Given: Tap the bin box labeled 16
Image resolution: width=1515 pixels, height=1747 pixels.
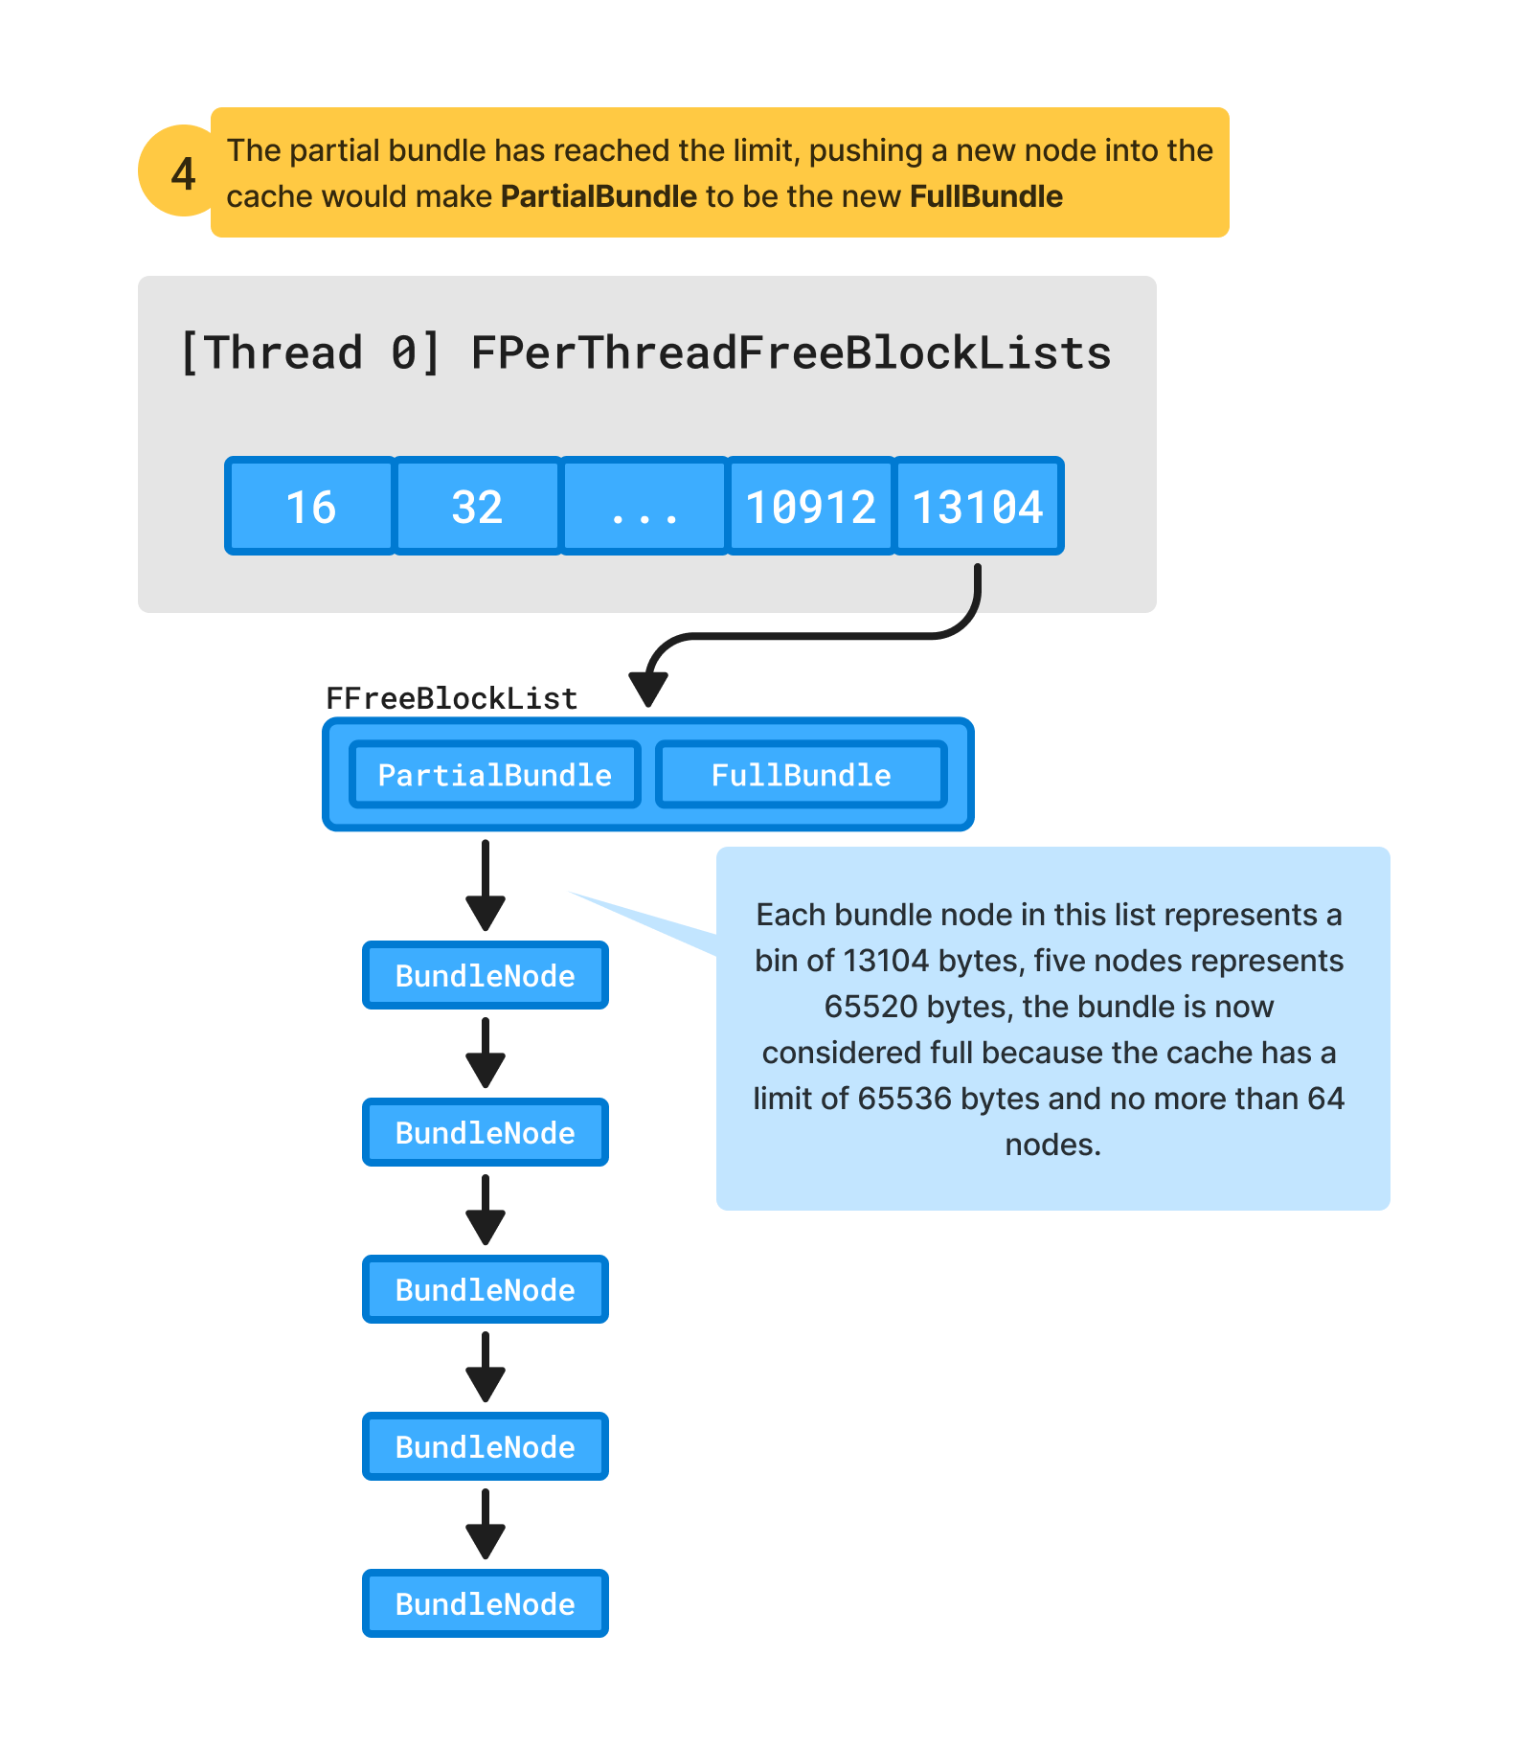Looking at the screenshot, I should click(310, 507).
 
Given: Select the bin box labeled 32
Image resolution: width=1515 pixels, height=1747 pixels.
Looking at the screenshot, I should click(477, 507).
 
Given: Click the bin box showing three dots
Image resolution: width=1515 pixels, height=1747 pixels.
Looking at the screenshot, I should click(644, 507).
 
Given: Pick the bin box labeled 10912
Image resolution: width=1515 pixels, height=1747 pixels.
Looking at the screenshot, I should click(810, 507).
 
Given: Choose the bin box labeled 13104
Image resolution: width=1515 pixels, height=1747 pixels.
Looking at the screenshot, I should click(978, 507).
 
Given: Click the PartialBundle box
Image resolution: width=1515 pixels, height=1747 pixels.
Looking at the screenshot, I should click(494, 775).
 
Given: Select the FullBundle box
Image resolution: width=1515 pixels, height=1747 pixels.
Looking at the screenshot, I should click(801, 775).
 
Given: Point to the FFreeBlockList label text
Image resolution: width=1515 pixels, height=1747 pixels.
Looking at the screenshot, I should click(451, 698).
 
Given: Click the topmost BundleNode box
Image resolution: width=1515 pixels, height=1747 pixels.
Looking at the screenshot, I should click(485, 976).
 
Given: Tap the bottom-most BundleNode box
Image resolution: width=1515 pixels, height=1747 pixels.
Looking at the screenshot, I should click(485, 1604).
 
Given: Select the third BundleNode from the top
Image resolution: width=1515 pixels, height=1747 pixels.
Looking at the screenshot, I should click(485, 1290).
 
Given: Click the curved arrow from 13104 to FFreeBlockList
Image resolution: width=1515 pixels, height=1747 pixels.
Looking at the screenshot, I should click(814, 635).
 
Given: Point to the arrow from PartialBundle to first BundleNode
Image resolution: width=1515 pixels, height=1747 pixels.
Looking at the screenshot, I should click(486, 883).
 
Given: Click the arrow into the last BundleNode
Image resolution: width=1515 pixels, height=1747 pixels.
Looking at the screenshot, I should click(486, 1523).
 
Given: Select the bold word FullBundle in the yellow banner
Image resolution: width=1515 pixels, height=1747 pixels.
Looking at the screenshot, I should click(985, 196).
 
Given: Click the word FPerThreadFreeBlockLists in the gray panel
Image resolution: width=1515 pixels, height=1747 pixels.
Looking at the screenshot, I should click(790, 353).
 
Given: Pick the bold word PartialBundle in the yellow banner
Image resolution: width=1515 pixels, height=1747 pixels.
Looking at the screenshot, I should click(599, 196).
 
